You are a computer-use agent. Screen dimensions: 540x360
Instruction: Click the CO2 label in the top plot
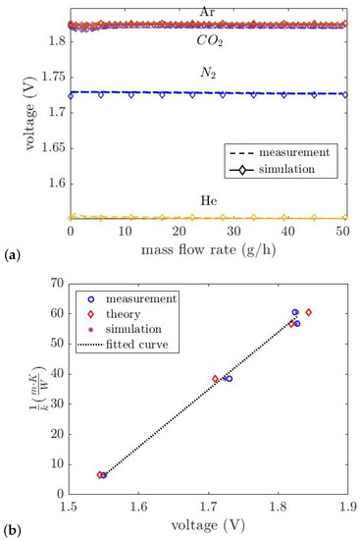tap(207, 39)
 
